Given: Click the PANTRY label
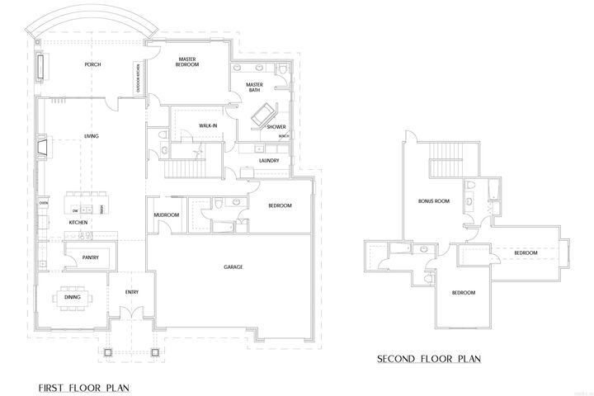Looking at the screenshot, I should (x=91, y=257).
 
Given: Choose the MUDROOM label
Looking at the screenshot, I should (x=167, y=215).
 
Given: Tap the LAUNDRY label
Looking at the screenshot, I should (x=269, y=160).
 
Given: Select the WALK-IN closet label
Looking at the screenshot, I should (x=208, y=125).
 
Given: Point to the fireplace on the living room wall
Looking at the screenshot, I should (x=43, y=148).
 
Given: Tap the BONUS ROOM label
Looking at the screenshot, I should (x=433, y=200).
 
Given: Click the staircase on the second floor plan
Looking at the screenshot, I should (x=446, y=157).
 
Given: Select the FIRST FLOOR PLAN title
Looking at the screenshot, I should (x=82, y=386).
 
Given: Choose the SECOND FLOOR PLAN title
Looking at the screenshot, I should (x=429, y=359).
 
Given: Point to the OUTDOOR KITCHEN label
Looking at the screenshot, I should (x=138, y=80).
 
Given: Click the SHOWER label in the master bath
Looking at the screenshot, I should (x=275, y=127).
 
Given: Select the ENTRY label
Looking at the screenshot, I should (x=132, y=292).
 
